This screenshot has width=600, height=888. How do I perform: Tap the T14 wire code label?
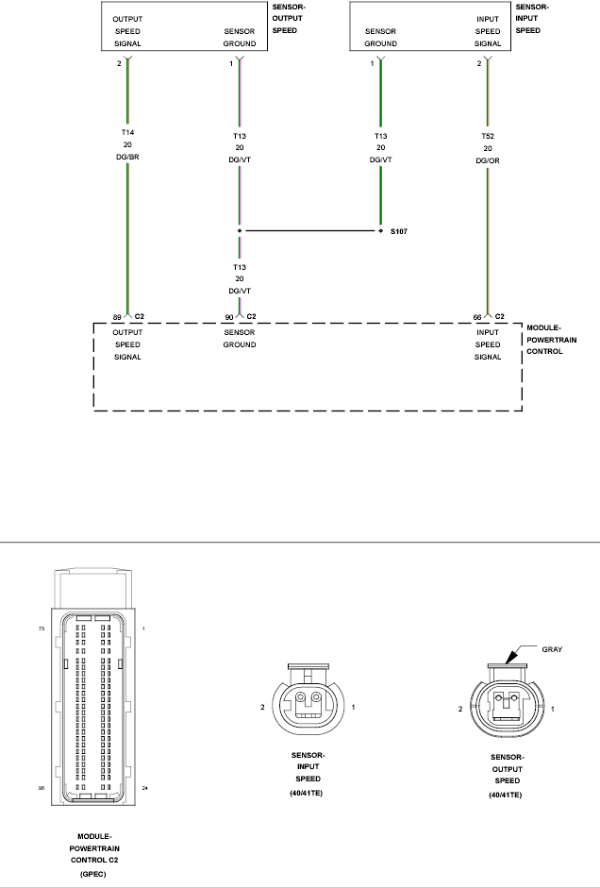(126, 133)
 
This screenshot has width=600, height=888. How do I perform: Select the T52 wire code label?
(487, 136)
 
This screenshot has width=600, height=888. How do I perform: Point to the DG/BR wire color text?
(126, 158)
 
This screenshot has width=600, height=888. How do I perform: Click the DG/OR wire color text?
(487, 160)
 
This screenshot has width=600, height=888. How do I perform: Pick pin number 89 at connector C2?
(117, 316)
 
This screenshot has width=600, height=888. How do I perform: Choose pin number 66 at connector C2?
(479, 316)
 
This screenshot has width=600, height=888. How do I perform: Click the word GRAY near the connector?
(555, 650)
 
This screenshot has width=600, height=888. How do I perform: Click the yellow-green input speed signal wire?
(487, 236)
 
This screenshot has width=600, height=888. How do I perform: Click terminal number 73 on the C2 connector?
(42, 627)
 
